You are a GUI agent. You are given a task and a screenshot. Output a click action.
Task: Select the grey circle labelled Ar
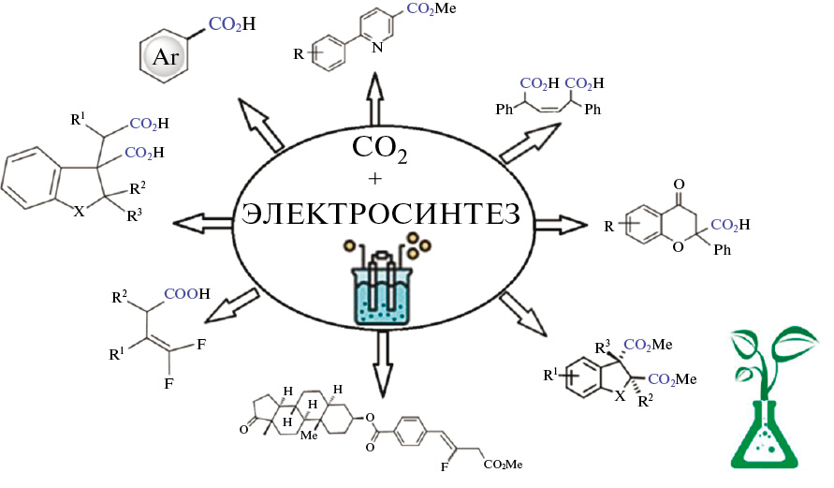166,59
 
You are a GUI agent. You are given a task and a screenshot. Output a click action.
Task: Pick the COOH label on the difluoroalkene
188,292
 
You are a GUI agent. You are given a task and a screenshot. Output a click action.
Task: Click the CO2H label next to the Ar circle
228,24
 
